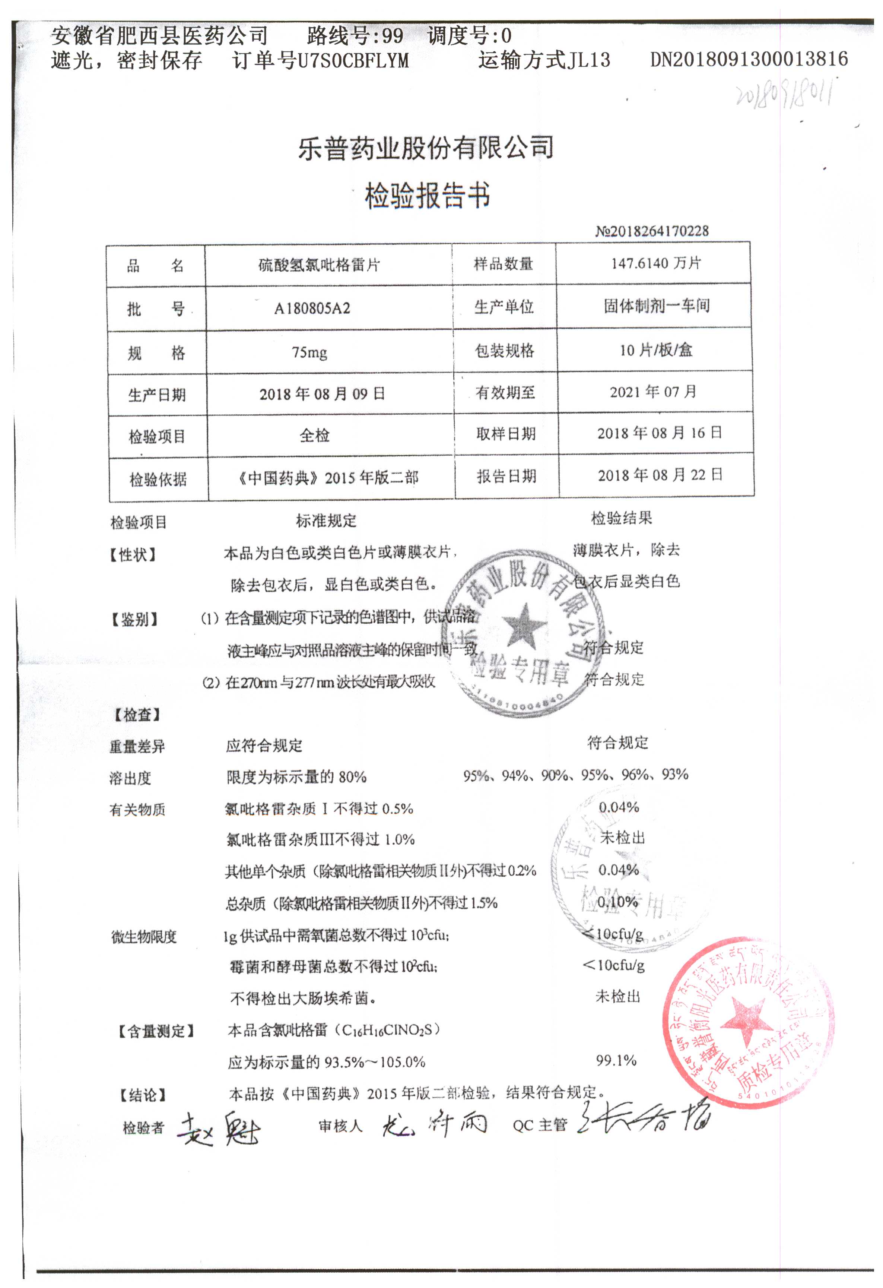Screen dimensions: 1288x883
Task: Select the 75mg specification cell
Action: (x=309, y=352)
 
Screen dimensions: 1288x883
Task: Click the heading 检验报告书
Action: (x=427, y=195)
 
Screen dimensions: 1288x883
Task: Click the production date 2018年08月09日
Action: (x=322, y=394)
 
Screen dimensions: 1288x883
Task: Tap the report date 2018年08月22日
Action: (x=660, y=475)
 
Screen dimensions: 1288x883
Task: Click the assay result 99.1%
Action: (x=616, y=1060)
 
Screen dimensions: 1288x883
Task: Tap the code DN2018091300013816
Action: (x=749, y=59)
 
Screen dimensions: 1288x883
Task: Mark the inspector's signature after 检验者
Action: (x=218, y=1129)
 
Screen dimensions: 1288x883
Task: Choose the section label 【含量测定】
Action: (x=156, y=1031)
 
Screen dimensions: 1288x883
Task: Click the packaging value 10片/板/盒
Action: (x=655, y=350)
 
